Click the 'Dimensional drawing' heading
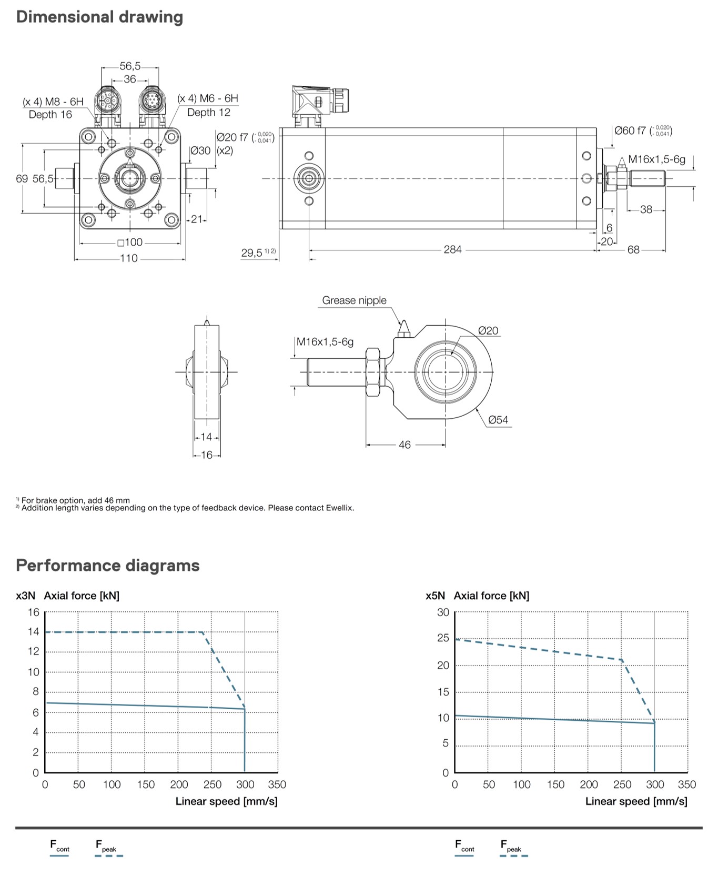[x=99, y=17]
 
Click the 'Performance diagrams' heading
[x=108, y=566]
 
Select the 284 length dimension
[x=452, y=249]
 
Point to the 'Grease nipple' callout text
[x=354, y=300]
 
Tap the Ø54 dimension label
[x=498, y=420]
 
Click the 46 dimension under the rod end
[x=404, y=445]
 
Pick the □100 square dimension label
[x=130, y=242]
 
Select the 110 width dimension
[x=129, y=258]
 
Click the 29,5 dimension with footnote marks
[x=258, y=253]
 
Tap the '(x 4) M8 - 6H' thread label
[x=53, y=102]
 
